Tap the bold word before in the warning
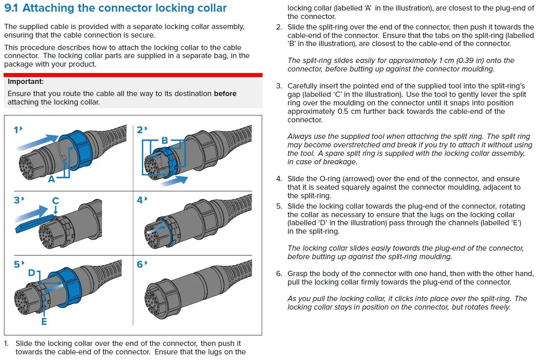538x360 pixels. coord(225,94)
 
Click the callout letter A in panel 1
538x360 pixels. coord(51,179)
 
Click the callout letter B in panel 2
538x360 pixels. coord(165,140)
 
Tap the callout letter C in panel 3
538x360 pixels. coord(56,201)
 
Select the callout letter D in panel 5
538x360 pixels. coord(31,273)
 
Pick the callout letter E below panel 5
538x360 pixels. coord(44,321)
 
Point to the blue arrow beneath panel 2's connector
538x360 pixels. coord(175,180)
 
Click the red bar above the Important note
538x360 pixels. coord(133,75)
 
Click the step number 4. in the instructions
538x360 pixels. coord(279,179)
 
